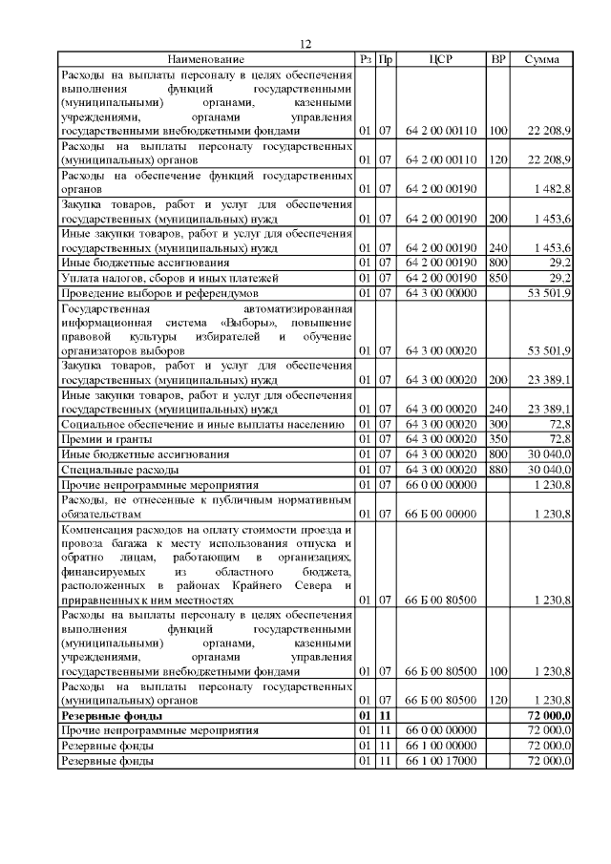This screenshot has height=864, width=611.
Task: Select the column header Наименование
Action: [206, 59]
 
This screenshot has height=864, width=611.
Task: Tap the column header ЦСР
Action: [440, 59]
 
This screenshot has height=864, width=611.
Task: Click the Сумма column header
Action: [542, 59]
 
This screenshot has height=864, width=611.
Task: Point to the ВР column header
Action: [497, 59]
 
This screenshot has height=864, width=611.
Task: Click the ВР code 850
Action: [497, 278]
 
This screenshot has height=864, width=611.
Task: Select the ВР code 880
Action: [497, 470]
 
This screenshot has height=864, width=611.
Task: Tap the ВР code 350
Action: [497, 439]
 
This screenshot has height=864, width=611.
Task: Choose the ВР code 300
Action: [497, 424]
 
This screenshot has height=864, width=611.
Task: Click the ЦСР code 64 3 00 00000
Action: [440, 293]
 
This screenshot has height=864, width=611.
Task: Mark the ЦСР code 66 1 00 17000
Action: [440, 761]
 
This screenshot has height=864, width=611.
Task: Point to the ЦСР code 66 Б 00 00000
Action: [440, 515]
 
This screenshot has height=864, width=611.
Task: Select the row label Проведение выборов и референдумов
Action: [158, 293]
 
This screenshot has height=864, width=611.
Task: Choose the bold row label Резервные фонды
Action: [111, 715]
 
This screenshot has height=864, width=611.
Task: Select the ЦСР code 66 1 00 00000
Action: [440, 746]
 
